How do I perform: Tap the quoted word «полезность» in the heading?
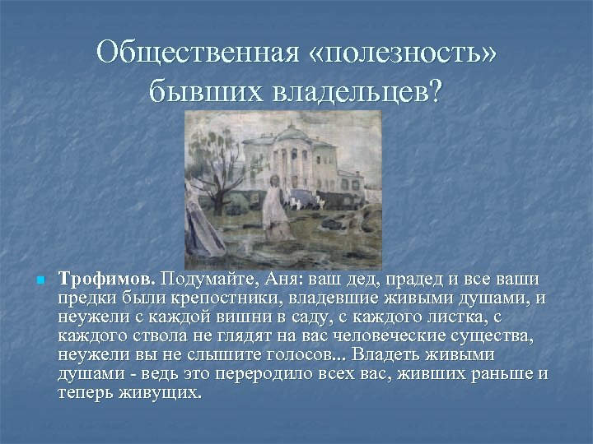point(401,53)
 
